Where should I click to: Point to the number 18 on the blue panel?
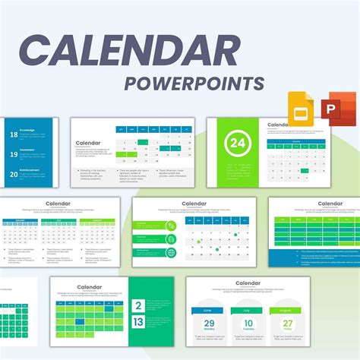tap(13, 134)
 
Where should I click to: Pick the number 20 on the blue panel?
tap(13, 174)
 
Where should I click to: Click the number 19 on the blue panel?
tap(13, 154)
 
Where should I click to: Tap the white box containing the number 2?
tap(139, 307)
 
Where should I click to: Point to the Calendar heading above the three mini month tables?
tap(58, 204)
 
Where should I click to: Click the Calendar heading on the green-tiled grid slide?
tap(90, 287)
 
